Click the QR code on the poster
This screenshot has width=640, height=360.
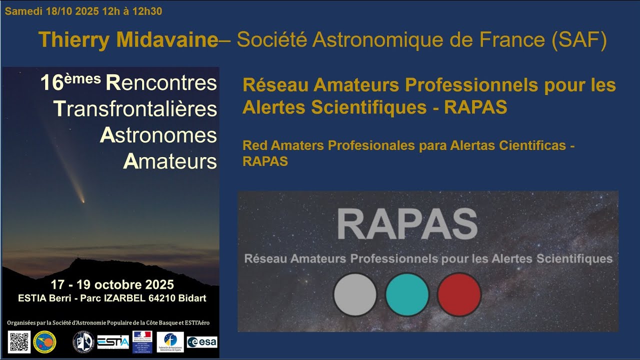(19, 341)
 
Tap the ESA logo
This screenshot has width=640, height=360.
(202, 342)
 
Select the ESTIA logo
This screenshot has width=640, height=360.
(113, 342)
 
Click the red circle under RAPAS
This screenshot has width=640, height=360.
(459, 294)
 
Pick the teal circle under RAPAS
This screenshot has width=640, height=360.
(407, 294)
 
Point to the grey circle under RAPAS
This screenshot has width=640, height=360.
(354, 294)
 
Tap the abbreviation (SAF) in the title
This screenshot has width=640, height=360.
(579, 40)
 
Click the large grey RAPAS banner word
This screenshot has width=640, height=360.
(407, 224)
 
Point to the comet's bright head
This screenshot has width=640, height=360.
(82, 201)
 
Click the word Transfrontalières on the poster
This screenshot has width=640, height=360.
(135, 109)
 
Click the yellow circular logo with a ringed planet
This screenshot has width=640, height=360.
(44, 342)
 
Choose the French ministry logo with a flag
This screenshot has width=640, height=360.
(142, 341)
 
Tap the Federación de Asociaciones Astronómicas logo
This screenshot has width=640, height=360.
(170, 342)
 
